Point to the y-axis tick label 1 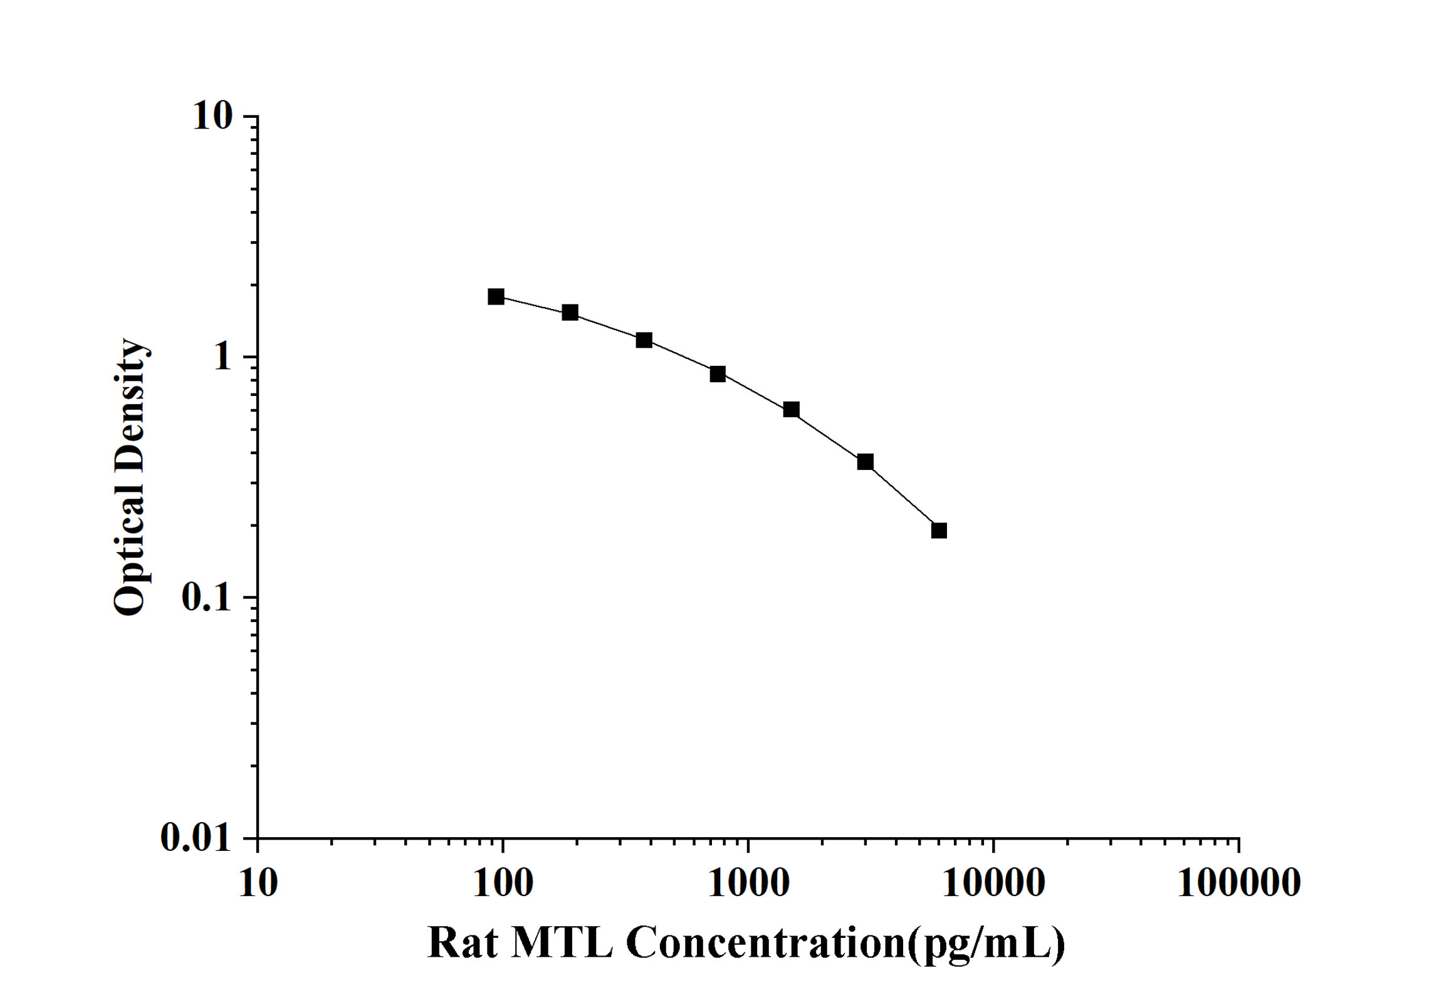coord(222,357)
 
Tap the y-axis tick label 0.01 coord(196,838)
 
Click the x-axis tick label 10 coord(258,884)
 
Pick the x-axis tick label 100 coord(503,884)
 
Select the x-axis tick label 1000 coord(748,884)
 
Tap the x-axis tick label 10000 coord(993,884)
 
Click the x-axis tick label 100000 coord(1238,884)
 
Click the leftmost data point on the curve coord(496,297)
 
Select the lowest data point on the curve coord(939,531)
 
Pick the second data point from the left coord(570,313)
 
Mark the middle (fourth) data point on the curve coord(718,374)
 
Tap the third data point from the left coord(644,340)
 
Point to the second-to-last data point coord(865,462)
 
